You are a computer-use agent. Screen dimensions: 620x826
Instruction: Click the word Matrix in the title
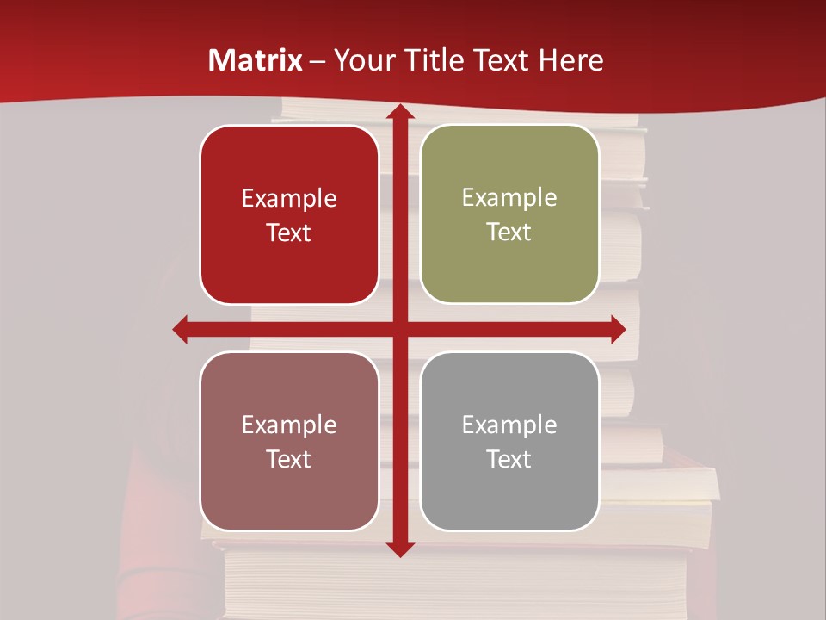pyautogui.click(x=256, y=60)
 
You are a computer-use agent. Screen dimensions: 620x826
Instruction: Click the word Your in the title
pyautogui.click(x=363, y=60)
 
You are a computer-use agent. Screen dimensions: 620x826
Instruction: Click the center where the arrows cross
pyautogui.click(x=399, y=329)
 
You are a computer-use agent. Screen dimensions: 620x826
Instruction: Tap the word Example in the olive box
pyautogui.click(x=509, y=198)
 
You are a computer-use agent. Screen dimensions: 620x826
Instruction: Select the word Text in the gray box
pyautogui.click(x=509, y=459)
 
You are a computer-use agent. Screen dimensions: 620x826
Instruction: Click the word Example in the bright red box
pyautogui.click(x=289, y=199)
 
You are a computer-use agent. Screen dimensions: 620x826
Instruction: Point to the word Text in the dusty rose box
pyautogui.click(x=289, y=459)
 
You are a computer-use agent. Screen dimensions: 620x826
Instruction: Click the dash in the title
pyautogui.click(x=317, y=60)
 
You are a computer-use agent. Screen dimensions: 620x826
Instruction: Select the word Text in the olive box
pyautogui.click(x=509, y=232)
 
